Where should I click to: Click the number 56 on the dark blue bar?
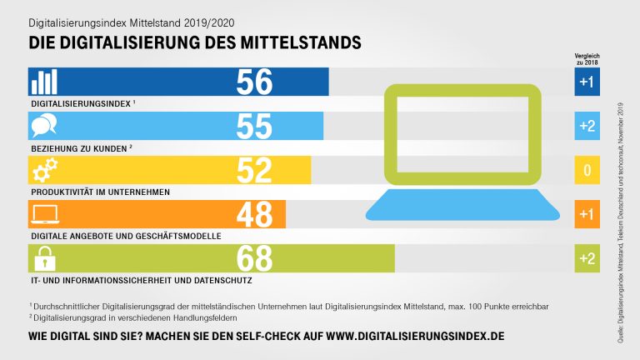tap(254, 82)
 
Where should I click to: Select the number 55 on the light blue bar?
tap(254, 127)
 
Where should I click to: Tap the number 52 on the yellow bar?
tap(254, 171)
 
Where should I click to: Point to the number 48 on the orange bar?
tap(254, 215)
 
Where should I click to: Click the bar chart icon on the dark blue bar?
tap(45, 82)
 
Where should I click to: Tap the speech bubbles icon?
tap(44, 127)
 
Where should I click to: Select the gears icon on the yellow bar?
tap(44, 171)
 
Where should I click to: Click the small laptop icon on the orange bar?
tap(44, 215)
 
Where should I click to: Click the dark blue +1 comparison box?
tap(587, 82)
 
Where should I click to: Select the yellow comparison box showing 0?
tap(587, 171)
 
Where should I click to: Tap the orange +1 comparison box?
tap(587, 215)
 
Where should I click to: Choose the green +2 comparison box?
tap(587, 259)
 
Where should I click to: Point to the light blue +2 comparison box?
tap(587, 127)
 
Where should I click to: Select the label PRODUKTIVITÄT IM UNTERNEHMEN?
tap(99, 192)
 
